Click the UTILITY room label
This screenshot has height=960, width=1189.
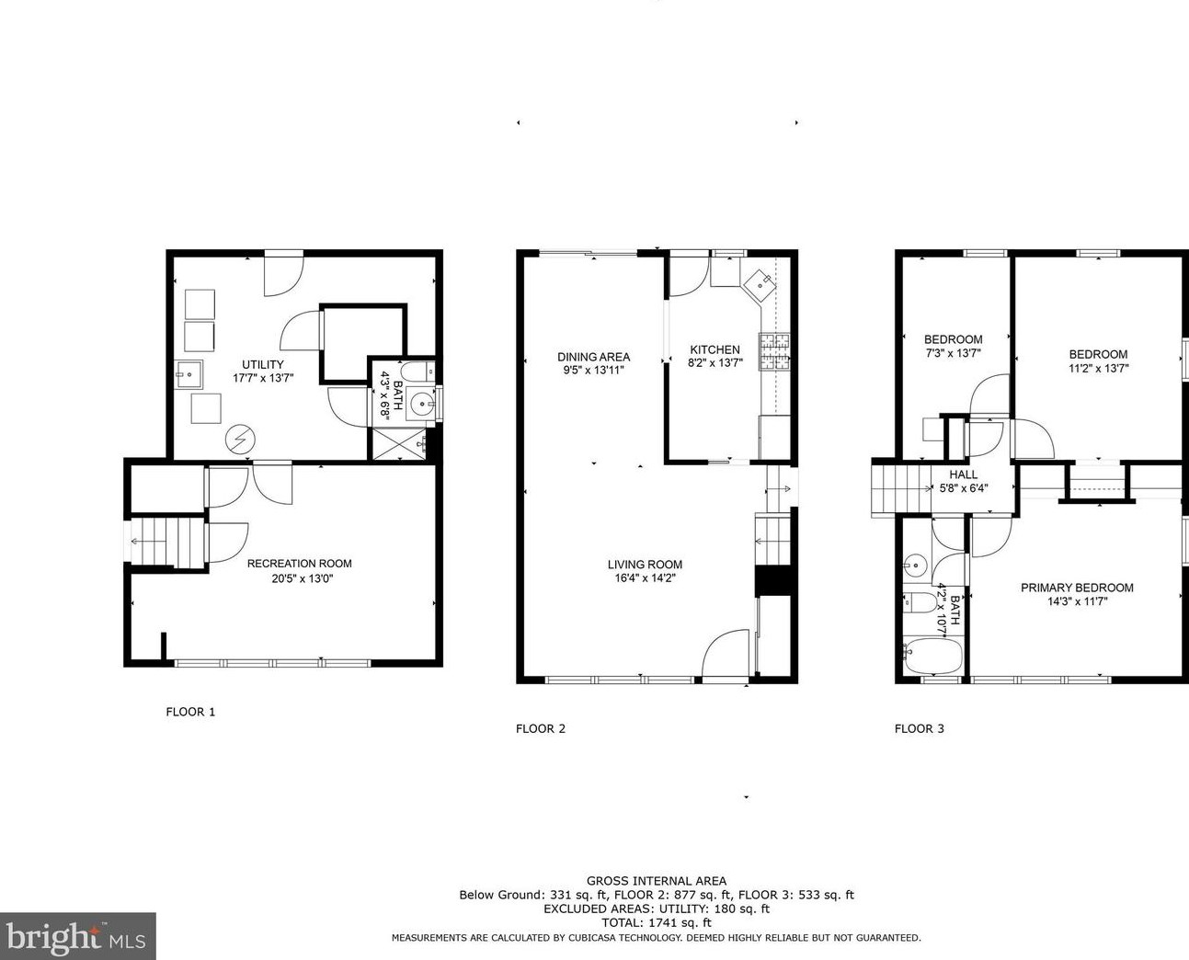262,364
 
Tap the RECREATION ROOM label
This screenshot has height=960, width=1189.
299,564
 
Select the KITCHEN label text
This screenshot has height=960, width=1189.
715,349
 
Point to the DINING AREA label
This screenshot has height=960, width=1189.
593,357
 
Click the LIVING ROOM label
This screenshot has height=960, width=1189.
645,565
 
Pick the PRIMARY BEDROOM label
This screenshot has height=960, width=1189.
1077,588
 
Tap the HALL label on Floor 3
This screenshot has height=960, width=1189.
964,474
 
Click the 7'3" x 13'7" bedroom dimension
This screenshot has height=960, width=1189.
953,353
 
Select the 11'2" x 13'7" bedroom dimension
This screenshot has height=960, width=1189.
1099,368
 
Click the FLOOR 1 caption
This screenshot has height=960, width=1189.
190,712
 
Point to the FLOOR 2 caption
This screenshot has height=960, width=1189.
541,728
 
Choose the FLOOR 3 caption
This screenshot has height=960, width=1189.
919,728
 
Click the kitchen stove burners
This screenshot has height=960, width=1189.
774,351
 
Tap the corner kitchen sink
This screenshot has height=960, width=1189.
759,284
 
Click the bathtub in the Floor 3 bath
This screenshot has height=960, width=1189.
933,656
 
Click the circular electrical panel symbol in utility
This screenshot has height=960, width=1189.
240,440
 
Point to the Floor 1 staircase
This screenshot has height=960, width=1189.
167,543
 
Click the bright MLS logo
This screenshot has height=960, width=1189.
77,936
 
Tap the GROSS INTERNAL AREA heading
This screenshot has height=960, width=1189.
657,881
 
